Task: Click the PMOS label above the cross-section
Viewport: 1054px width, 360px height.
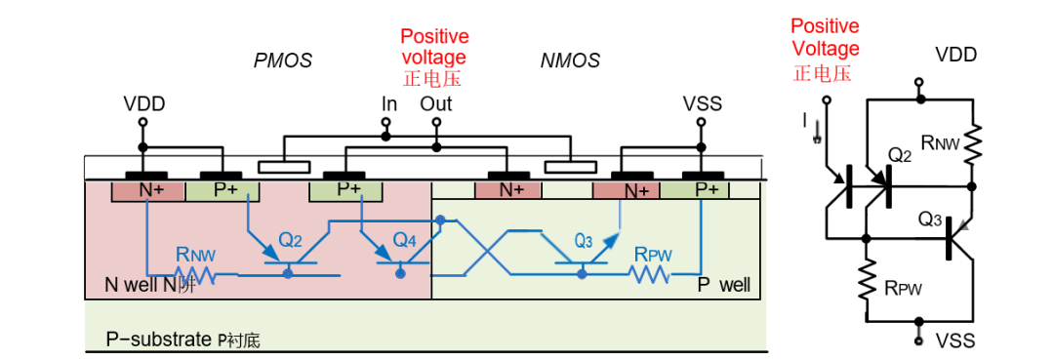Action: [x=283, y=61]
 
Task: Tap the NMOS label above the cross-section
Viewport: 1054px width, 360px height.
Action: [x=570, y=61]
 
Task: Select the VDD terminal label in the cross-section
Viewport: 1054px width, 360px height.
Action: [x=144, y=104]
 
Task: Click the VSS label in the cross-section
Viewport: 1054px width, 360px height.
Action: [x=702, y=104]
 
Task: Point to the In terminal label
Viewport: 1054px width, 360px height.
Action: [x=389, y=104]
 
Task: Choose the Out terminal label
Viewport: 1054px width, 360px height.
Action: [x=436, y=104]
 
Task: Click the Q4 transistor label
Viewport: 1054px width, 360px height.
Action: [x=405, y=238]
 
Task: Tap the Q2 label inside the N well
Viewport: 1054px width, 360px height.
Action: [x=293, y=238]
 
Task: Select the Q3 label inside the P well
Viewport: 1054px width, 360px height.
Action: [x=586, y=239]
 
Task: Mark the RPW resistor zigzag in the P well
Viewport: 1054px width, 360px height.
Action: [x=649, y=274]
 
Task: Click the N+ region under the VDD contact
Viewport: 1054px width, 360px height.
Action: [x=147, y=191]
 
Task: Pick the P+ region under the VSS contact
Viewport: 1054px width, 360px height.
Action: [x=695, y=190]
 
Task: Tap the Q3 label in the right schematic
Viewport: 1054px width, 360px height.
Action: [x=932, y=219]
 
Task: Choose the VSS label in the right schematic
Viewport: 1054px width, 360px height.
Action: [x=955, y=341]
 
